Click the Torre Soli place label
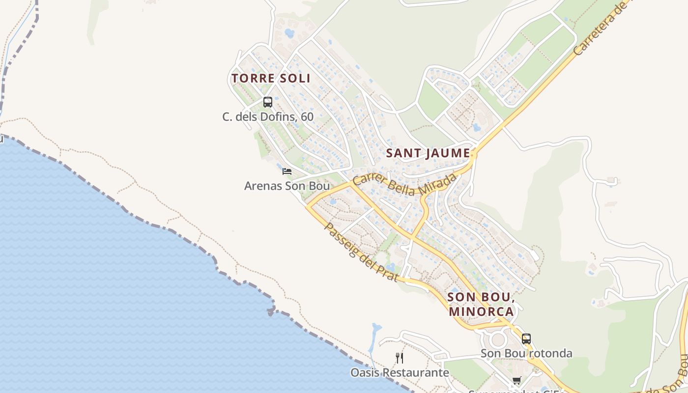point(271,78)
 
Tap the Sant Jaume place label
point(428,153)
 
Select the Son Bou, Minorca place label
point(481,305)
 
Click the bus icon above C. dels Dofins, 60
point(268,102)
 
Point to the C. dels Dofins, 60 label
point(268,117)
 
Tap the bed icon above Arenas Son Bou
point(287,171)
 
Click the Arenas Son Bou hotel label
point(287,186)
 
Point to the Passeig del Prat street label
point(361,252)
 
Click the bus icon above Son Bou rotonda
point(526,339)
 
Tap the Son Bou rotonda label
point(526,353)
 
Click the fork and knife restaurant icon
point(400,358)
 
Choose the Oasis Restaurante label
point(400,372)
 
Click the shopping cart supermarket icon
point(516,381)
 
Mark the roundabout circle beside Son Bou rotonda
point(497,339)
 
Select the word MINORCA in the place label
point(481,311)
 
